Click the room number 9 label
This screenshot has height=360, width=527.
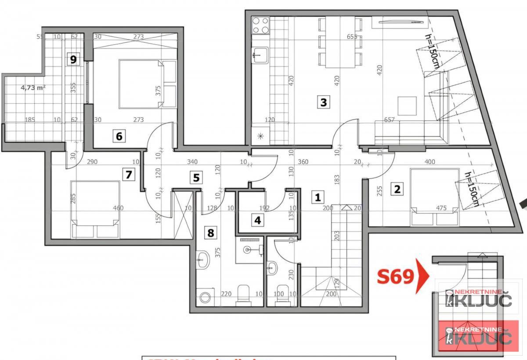point(74,59)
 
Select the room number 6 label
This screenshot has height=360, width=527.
point(119,136)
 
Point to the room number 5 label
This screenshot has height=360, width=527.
point(196,178)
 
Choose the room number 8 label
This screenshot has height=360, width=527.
point(210,232)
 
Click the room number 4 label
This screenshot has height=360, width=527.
point(258,220)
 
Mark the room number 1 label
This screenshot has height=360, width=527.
point(317,197)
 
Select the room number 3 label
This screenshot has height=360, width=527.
point(324,103)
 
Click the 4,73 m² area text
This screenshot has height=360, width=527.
point(33,87)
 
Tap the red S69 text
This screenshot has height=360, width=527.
point(396,277)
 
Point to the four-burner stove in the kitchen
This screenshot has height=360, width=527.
point(260,25)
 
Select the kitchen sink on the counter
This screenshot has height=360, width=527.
point(258,55)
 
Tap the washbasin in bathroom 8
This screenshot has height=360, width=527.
point(202,260)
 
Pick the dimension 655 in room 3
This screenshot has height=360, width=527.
point(352,37)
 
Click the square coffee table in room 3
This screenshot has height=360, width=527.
point(406,105)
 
